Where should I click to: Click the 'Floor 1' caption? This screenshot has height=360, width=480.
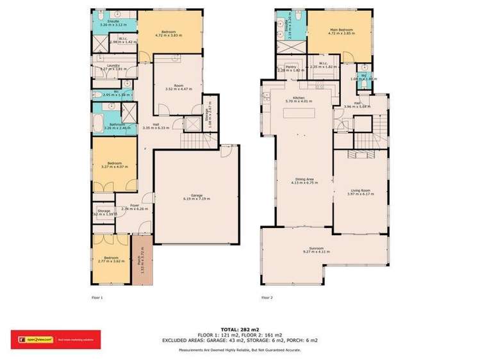[x=97, y=297]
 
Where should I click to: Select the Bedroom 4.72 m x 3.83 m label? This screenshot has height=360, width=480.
[x=170, y=33]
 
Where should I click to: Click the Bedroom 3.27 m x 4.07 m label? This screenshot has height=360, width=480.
[x=115, y=165]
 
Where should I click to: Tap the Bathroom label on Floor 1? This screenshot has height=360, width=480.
[x=117, y=126]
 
